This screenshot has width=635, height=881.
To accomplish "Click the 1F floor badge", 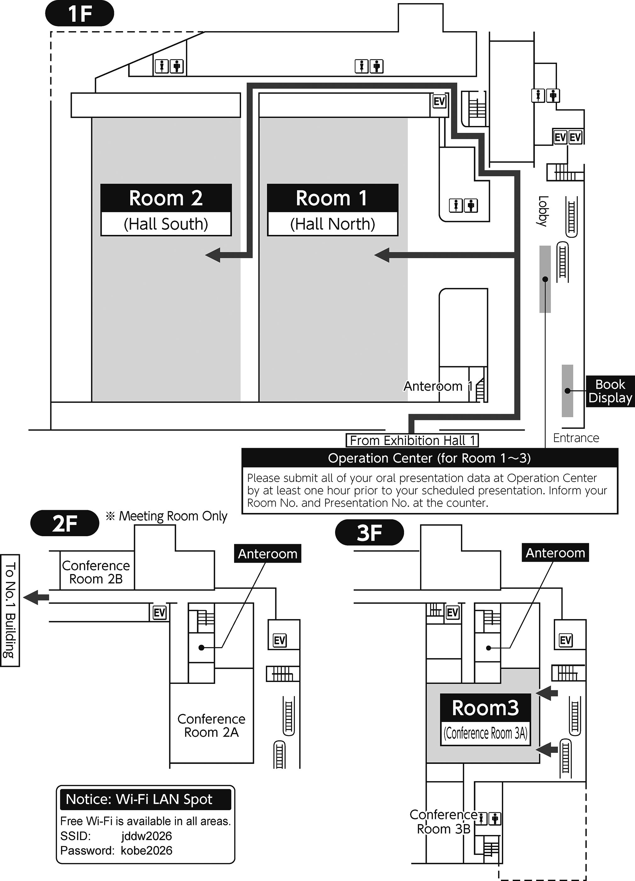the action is coord(80,13).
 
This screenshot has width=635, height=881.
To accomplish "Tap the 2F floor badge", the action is coord(65,523).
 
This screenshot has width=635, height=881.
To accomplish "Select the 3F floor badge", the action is coord(369,532).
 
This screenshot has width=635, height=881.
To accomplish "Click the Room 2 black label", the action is coord(166,198).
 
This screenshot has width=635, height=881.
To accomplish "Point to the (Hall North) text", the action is coord(333,224).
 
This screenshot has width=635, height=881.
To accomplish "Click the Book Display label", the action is coord(610,391).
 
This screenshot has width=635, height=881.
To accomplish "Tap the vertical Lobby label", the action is coord(542,211).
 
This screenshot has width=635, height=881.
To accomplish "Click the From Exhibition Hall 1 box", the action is coord(412,440).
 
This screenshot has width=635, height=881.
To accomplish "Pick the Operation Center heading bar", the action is coord(430,458).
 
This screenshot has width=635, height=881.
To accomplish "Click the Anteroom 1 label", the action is coord(438,386).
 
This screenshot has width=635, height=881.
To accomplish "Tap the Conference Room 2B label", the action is coord(96,572).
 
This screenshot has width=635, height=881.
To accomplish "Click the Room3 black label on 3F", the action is coord(485,708).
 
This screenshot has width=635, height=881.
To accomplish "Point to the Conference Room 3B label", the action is coord(444,821).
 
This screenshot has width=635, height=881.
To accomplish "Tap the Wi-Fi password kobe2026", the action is coord(146,851).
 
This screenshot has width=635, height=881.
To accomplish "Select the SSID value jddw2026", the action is coord(146,836).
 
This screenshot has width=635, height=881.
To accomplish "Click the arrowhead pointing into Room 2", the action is coord(213,255).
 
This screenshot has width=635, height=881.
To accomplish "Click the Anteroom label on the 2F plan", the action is coord(267,554).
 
